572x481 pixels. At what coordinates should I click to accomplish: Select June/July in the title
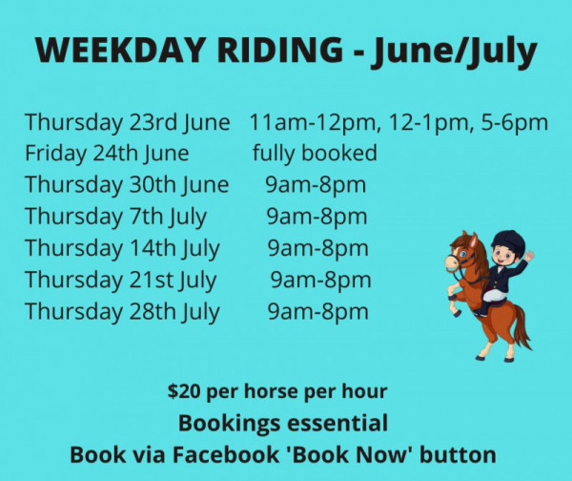pyautogui.click(x=454, y=52)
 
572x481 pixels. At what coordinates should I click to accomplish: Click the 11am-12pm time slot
pyautogui.click(x=313, y=123)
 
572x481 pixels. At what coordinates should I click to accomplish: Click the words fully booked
pyautogui.click(x=315, y=154)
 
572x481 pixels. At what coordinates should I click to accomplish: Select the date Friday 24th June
pyautogui.click(x=107, y=154)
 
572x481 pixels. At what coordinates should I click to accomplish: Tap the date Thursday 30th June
pyautogui.click(x=127, y=185)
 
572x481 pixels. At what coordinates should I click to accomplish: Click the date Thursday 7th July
pyautogui.click(x=115, y=217)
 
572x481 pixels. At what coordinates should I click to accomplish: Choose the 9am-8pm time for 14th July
pyautogui.click(x=318, y=248)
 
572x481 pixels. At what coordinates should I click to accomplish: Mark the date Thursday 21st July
pyautogui.click(x=121, y=281)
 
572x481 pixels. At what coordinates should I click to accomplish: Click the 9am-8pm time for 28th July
pyautogui.click(x=318, y=312)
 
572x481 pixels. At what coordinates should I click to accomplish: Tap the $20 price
pyautogui.click(x=184, y=391)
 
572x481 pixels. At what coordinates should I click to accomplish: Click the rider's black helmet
pyautogui.click(x=508, y=241)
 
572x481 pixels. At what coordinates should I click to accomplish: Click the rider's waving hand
pyautogui.click(x=529, y=256)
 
